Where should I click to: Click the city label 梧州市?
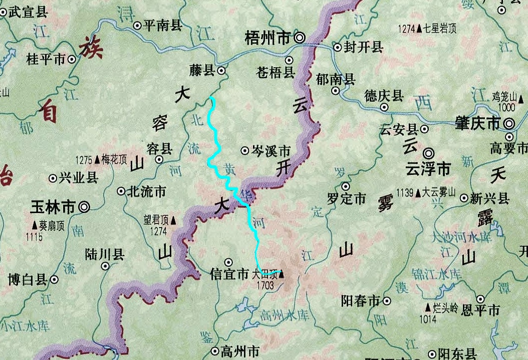pos(268,38)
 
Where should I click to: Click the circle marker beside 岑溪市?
pos(245,150)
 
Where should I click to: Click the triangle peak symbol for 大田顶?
pos(281,274)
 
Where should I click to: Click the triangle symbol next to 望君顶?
pos(173,219)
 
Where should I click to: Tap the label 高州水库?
pos(285,315)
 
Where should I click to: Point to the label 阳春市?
pos(360,301)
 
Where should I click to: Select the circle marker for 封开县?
pos(337,48)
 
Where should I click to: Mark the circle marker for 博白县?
pos(54,280)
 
